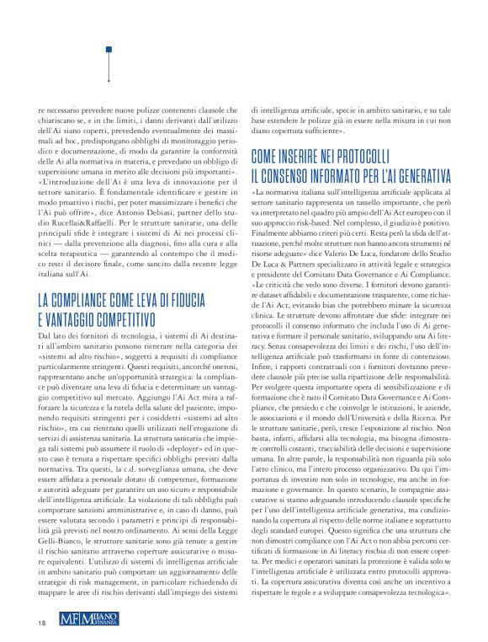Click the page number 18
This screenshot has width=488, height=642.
41,623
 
